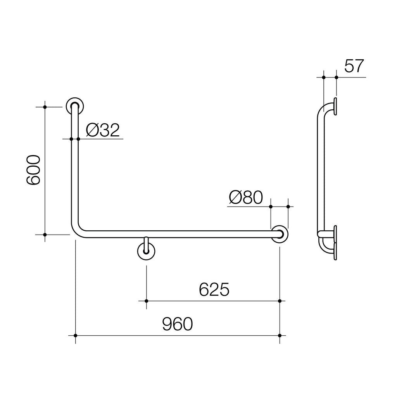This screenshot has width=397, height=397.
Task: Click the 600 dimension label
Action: point(33,170)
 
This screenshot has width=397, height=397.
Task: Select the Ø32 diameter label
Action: point(103,130)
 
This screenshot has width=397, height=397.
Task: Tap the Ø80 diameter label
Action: point(246,197)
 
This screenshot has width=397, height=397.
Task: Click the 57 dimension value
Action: point(354,66)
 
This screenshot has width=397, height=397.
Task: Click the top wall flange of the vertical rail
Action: point(75,106)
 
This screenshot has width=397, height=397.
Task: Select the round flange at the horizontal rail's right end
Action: point(280,234)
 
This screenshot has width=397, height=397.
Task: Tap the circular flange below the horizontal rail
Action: point(146,251)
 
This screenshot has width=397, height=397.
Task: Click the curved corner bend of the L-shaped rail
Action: point(76,231)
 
